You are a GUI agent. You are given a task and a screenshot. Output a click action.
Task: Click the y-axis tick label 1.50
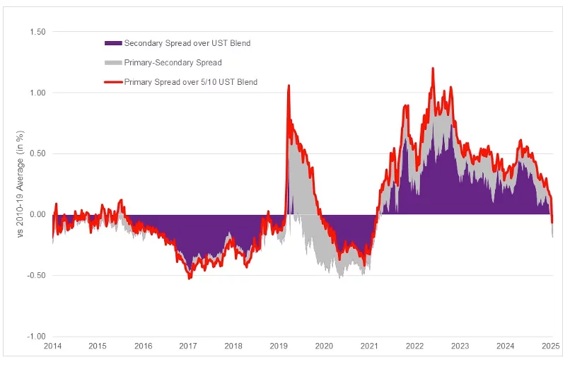[37, 32]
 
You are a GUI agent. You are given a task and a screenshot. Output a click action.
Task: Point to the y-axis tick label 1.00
[37, 93]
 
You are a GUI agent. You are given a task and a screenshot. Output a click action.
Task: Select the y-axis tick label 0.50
[37, 153]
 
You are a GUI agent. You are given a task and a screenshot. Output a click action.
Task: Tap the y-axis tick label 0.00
[37, 214]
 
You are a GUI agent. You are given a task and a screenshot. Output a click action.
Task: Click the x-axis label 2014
[52, 346]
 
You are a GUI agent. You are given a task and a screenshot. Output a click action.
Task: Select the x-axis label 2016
[143, 346]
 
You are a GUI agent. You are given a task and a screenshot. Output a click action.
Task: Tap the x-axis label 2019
[279, 346]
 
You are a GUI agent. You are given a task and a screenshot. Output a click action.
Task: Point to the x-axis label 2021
[369, 346]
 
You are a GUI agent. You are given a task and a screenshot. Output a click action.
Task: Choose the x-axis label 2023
[460, 346]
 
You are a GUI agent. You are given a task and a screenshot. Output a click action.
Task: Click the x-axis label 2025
[551, 346]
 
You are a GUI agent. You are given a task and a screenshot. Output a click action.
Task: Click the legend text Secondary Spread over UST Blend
[187, 43]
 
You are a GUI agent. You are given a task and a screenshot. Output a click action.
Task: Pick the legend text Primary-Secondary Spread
[173, 63]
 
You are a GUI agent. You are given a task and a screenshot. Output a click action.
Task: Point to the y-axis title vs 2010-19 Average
[22, 184]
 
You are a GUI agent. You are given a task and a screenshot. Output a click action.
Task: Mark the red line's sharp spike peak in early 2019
[289, 86]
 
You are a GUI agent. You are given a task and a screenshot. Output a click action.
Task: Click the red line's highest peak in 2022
[432, 69]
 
